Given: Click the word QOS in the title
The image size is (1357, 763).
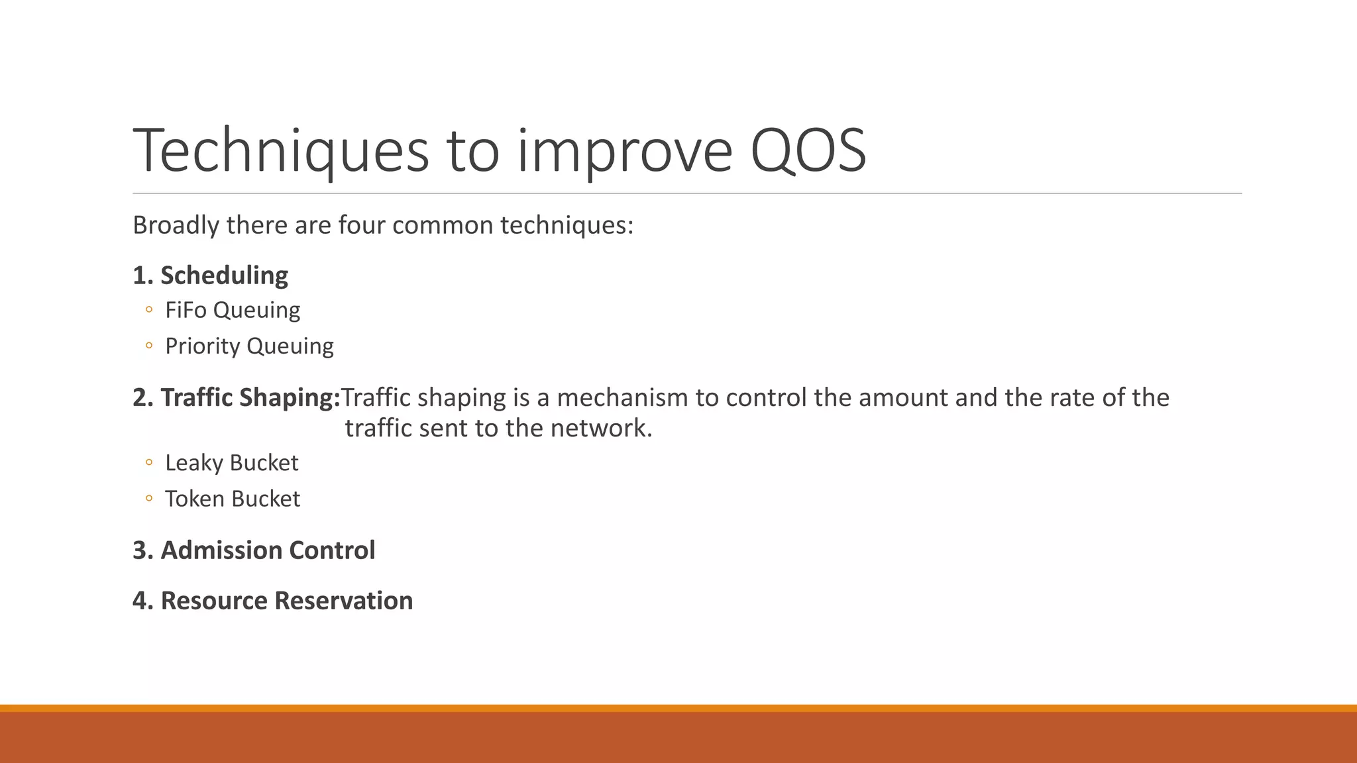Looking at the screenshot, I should pos(808,151).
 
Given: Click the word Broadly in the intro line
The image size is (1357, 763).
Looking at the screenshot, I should pos(176,225).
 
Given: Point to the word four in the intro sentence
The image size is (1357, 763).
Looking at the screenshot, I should pos(362,225).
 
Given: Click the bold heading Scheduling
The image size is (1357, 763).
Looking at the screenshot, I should pos(224,276).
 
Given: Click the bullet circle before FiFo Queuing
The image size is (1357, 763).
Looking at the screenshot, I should pos(149,309).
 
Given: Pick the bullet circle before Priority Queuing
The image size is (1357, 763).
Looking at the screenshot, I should pos(149,345).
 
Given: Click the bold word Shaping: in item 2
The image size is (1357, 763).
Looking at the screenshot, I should pos(290,397).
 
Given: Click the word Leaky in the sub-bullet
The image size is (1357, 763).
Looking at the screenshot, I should pos(193,463).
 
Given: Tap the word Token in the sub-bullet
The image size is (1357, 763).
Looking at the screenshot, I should pos(194,499).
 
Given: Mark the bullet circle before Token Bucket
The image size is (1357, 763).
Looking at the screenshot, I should pos(149,498).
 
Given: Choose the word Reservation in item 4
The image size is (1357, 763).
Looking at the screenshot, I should pos(343,601).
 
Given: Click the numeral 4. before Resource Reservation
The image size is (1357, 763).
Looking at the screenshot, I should pos(142,601).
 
